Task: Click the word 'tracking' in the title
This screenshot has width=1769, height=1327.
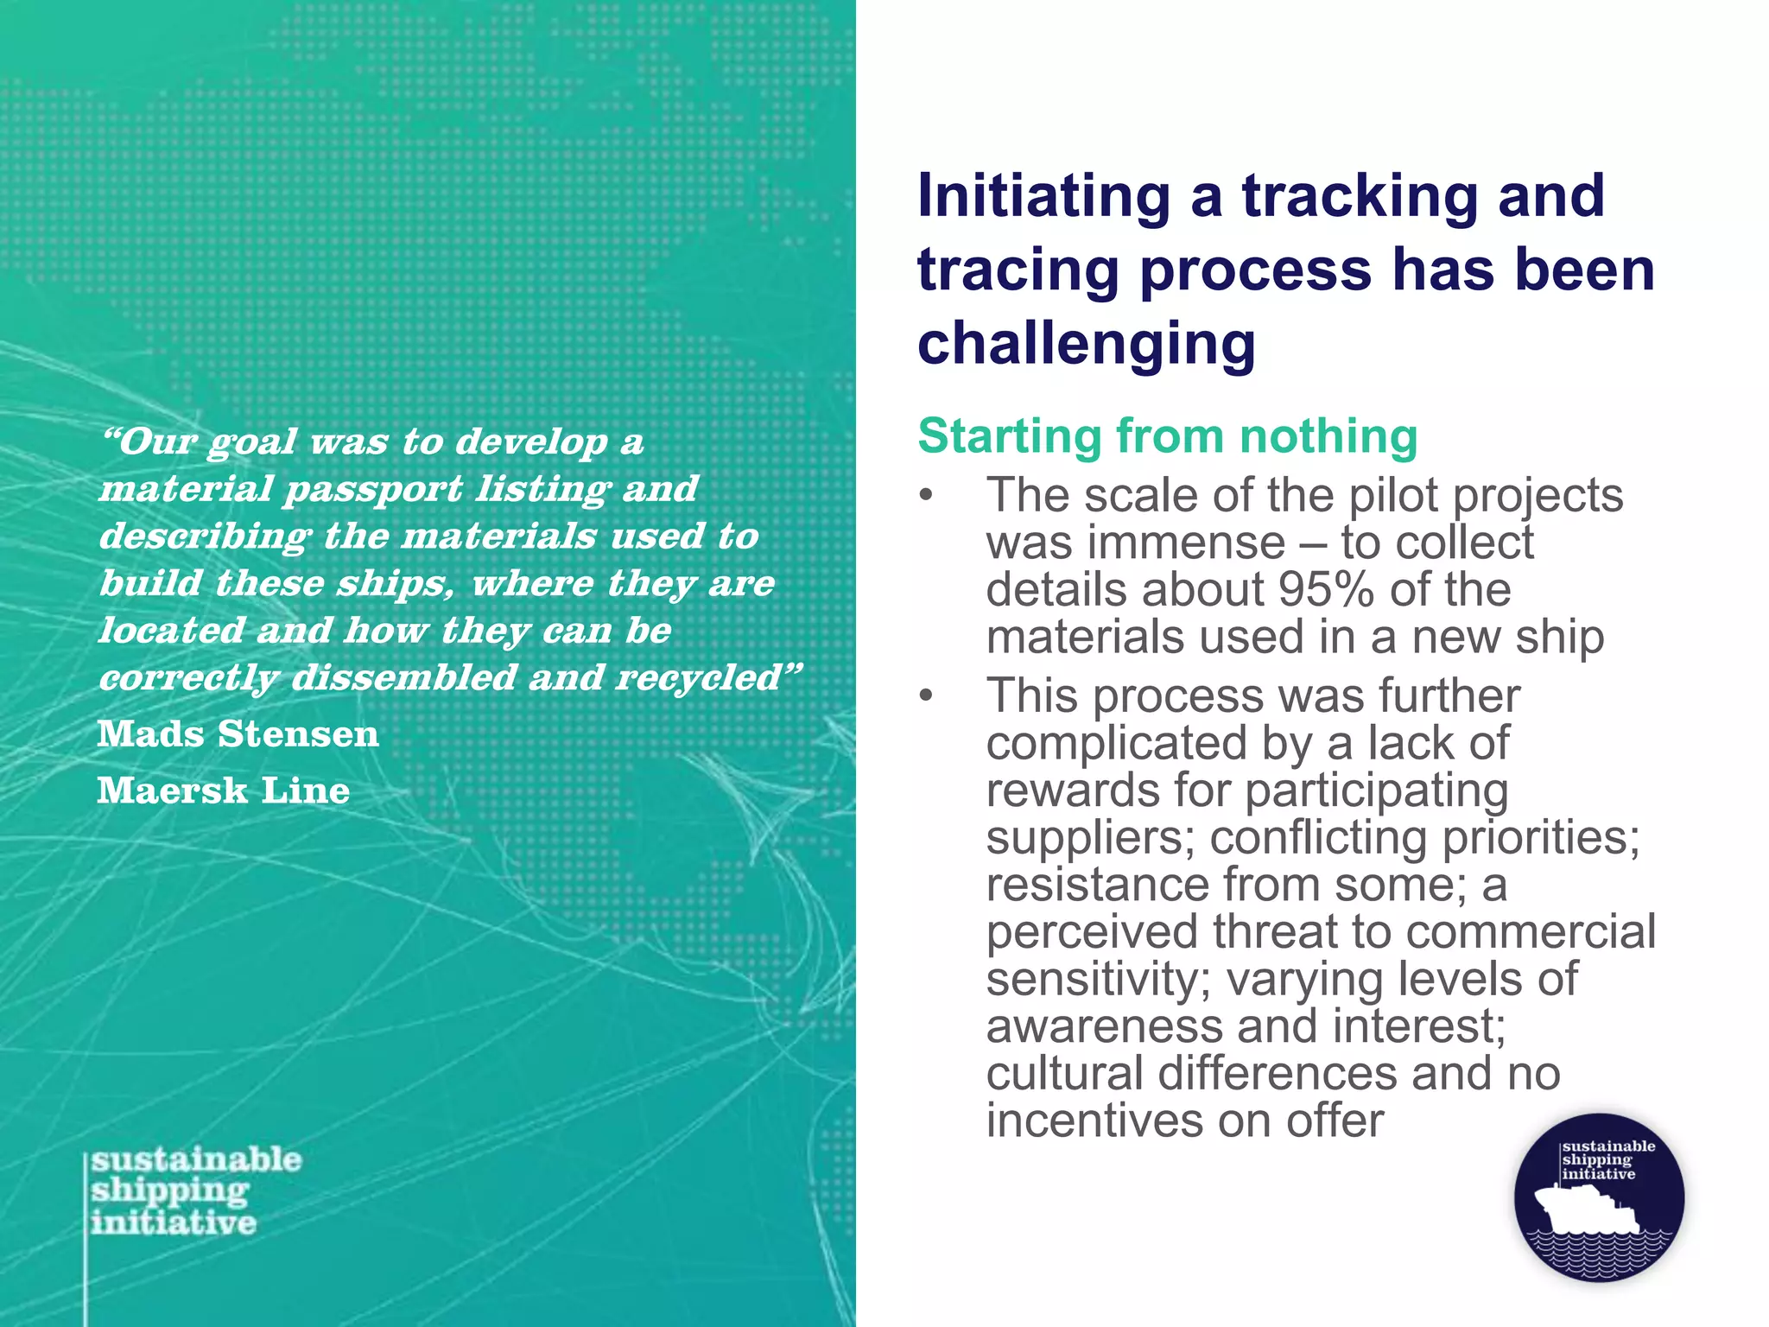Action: coord(1360,197)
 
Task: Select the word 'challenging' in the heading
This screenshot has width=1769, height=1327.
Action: coord(1086,343)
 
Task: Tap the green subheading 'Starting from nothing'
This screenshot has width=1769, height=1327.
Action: coord(1167,435)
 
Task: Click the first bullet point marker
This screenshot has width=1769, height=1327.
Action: coord(927,497)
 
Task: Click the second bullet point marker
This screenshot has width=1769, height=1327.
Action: coord(927,696)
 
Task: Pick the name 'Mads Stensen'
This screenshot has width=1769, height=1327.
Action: coord(238,734)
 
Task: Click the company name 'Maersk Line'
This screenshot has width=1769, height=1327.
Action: coord(224,790)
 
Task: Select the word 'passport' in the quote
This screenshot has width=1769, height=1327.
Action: coord(374,489)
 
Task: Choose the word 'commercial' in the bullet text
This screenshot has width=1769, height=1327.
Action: coord(1531,931)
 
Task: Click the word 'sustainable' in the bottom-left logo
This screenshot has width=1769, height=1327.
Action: coord(197,1159)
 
